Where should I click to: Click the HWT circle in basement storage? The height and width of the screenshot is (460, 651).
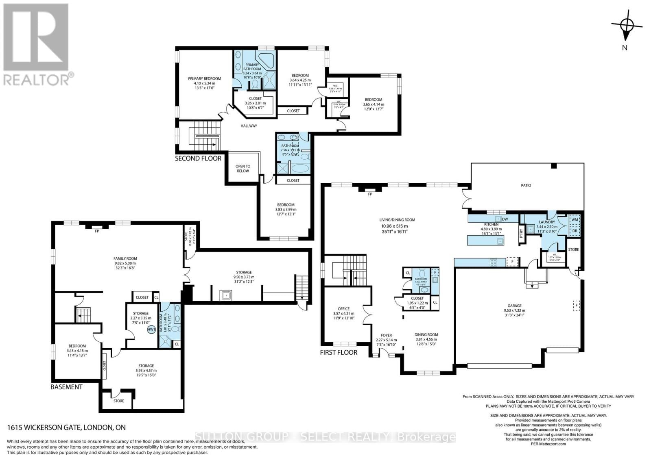151,330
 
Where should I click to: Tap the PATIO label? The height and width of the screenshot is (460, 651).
526,185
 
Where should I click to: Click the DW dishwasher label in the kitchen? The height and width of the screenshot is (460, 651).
505,219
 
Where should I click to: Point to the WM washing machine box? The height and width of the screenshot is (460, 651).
575,219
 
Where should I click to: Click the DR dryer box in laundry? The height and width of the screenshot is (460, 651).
575,230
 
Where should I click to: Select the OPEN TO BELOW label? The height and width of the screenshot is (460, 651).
243,169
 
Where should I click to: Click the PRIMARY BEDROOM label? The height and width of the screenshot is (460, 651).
204,79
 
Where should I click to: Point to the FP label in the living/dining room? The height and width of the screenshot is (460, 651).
370,194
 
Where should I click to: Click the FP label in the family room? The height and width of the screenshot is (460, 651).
97,231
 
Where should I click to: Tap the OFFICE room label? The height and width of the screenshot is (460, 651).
344,309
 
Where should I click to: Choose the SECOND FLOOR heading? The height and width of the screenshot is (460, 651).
198,158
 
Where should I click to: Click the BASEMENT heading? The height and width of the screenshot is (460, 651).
66,387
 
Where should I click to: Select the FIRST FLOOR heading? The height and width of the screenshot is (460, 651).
339,352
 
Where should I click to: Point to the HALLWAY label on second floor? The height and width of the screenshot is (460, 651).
249,126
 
